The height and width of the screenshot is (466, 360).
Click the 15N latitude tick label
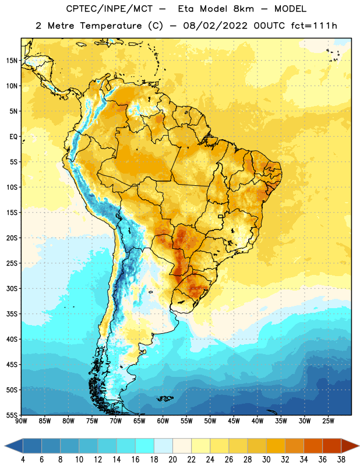coord(12,61)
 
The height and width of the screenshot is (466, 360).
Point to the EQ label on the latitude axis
coord(13,137)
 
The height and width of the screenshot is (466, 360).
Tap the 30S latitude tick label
coord(12,288)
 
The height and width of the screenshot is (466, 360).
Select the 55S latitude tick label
coord(12,415)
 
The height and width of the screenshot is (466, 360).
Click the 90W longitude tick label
coord(21,421)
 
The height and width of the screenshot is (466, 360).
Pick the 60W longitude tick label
coord(163,421)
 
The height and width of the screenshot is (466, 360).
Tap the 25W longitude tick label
coord(328,421)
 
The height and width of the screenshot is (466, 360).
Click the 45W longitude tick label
coord(234,421)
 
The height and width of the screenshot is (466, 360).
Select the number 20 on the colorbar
coord(172,460)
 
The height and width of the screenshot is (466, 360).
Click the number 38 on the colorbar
coord(341,460)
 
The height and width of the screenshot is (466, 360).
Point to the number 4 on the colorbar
coord(23,460)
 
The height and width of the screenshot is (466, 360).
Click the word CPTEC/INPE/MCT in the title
coord(110,9)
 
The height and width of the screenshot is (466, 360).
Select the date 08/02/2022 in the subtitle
coord(215,26)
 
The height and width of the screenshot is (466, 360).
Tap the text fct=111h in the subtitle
coord(314,26)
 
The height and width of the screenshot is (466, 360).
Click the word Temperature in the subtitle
coord(111,26)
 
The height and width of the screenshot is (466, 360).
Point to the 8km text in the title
coord(243,9)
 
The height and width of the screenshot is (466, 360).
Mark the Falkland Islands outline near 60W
coord(165,398)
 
